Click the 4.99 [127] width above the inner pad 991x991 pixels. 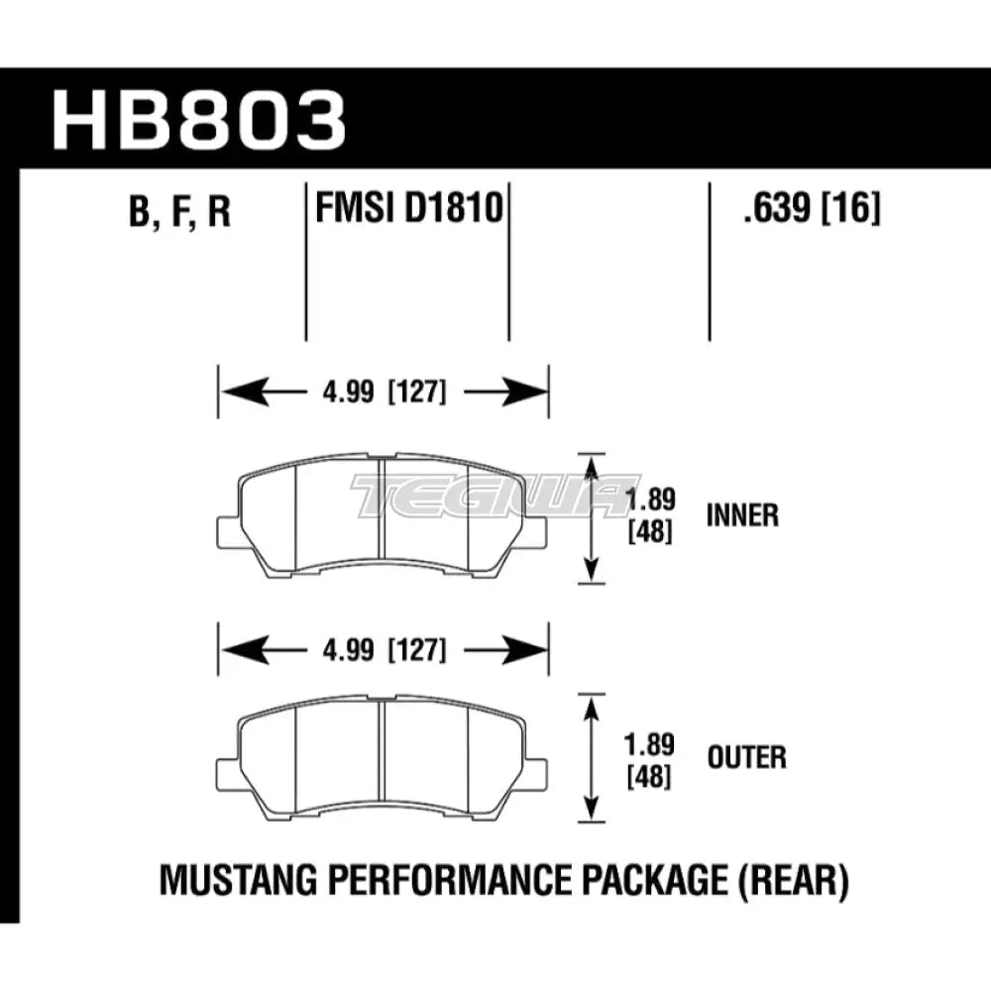click(383, 391)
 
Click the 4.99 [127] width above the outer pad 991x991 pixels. click(383, 651)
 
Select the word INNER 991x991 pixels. click(742, 515)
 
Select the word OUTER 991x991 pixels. click(746, 758)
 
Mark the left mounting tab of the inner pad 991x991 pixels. click(227, 531)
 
